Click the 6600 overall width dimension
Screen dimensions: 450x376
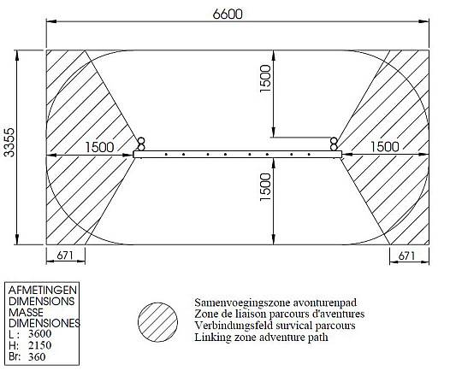[x=228, y=14]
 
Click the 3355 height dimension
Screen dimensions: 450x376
[x=9, y=143]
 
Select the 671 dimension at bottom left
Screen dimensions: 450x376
[x=65, y=255]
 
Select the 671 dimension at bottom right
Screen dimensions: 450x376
[x=406, y=256]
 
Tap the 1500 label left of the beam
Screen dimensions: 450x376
[x=99, y=147]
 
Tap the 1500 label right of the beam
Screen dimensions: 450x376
[x=385, y=147]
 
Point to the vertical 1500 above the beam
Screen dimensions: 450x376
[x=265, y=79]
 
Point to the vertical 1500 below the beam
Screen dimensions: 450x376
[x=265, y=187]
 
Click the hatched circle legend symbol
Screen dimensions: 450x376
[x=157, y=322]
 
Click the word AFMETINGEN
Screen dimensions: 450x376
[x=43, y=290]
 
